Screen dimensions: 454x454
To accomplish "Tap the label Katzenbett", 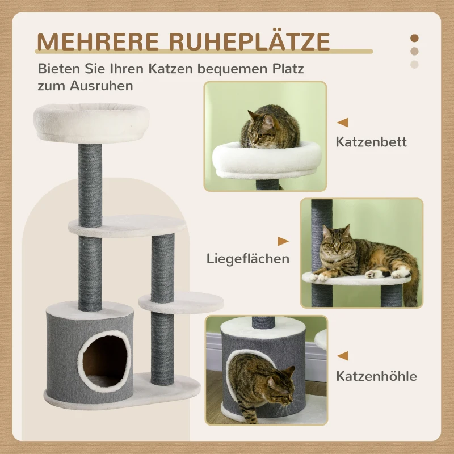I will [x=371, y=142].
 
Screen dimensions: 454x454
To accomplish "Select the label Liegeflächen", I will [x=248, y=259].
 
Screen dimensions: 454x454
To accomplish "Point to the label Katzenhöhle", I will [x=376, y=376].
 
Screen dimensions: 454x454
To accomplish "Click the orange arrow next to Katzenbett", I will [x=342, y=122].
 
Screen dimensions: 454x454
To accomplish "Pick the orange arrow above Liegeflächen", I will [x=283, y=241].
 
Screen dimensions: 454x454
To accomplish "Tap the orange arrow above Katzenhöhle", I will [x=342, y=356].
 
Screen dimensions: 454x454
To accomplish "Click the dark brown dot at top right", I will [x=414, y=39].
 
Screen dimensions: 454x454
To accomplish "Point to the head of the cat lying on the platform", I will [x=336, y=242].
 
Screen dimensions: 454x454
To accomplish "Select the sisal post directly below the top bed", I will [x=91, y=184].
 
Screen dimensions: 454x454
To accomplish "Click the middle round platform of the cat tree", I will [x=127, y=226].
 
